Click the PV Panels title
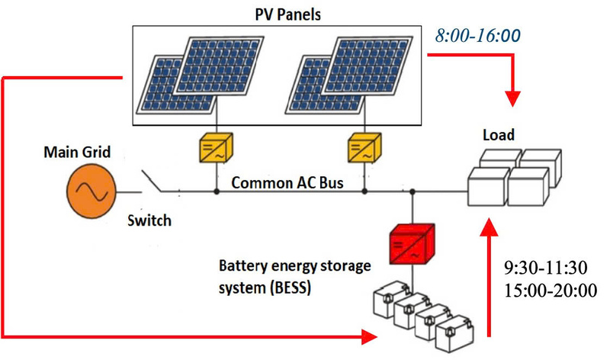tap(288, 13)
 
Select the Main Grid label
tap(77, 153)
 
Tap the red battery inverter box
tap(411, 243)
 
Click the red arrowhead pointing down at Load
tap(513, 98)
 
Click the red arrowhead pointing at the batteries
tap(370, 336)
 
